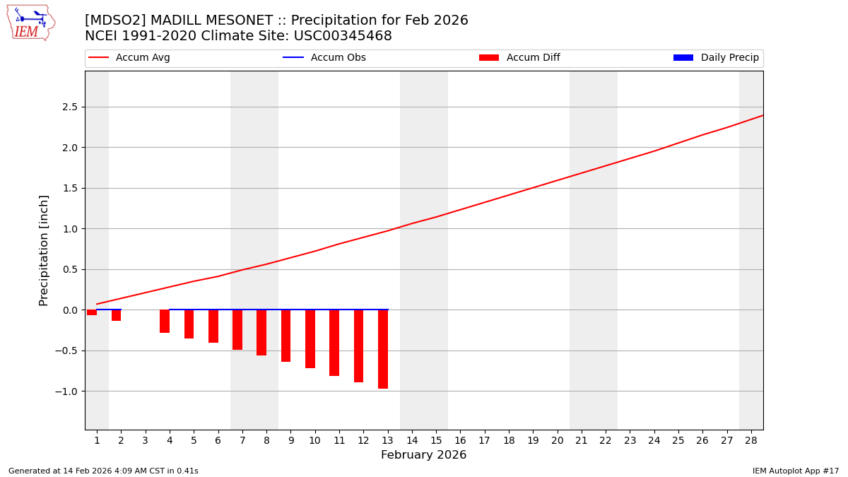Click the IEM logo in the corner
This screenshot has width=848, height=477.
30,23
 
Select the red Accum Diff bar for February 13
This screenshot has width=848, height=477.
383,349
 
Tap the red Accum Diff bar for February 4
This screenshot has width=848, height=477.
165,322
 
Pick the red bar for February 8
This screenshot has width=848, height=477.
261,333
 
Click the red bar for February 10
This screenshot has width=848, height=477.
310,339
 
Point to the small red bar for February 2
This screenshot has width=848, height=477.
116,315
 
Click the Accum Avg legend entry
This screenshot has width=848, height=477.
129,58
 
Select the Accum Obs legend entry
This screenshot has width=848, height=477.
324,58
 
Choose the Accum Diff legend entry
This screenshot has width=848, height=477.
519,58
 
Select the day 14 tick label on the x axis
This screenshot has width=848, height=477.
411,441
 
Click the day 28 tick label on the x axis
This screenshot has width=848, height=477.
750,441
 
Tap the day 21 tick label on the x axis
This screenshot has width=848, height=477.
581,441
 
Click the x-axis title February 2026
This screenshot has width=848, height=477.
423,456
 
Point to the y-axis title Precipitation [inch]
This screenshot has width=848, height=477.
44,250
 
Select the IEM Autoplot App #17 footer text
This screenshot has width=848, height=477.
796,471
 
